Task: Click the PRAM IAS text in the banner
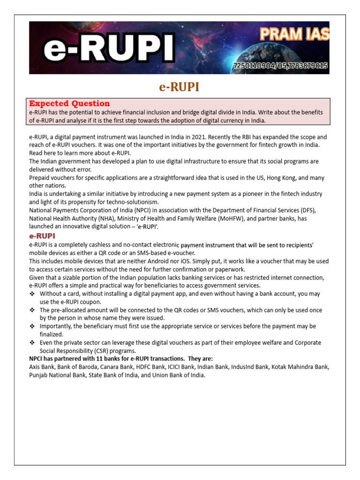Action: tap(294, 34)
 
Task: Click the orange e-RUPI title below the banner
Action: tap(180, 87)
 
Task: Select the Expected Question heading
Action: tap(69, 104)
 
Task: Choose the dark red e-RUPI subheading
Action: tap(42, 236)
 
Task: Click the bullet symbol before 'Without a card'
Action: tap(32, 294)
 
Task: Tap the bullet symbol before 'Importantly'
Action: tap(32, 326)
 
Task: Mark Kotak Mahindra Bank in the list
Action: tap(300, 367)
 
